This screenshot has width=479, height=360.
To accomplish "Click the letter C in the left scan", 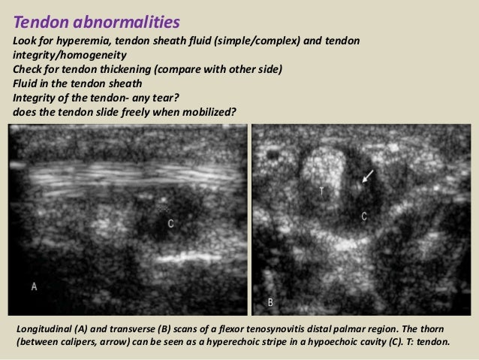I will (x=170, y=223).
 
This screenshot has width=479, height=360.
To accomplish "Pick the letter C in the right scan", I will (x=364, y=216).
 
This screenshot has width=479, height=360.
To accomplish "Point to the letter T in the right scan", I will (x=322, y=191).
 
